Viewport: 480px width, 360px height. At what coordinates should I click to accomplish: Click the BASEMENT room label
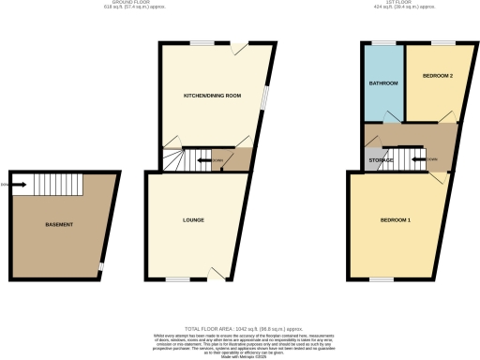coord(60,225)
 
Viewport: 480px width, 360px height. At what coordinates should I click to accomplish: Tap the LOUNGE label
coord(194,220)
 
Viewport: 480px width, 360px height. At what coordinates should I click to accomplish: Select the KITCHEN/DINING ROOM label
coord(212,96)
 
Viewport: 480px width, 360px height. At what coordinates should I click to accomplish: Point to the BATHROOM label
coord(383,84)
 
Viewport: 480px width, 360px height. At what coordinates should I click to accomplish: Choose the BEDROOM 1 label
coord(395,220)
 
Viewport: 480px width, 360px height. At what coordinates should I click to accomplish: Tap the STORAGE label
coord(380,161)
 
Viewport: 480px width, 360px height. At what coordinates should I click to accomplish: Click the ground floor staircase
coord(193,160)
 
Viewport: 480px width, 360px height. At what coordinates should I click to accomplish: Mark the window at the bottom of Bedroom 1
coord(381,279)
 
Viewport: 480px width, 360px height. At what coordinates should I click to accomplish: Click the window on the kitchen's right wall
coord(263,98)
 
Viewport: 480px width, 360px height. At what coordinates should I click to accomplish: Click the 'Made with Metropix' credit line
coord(240,354)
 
